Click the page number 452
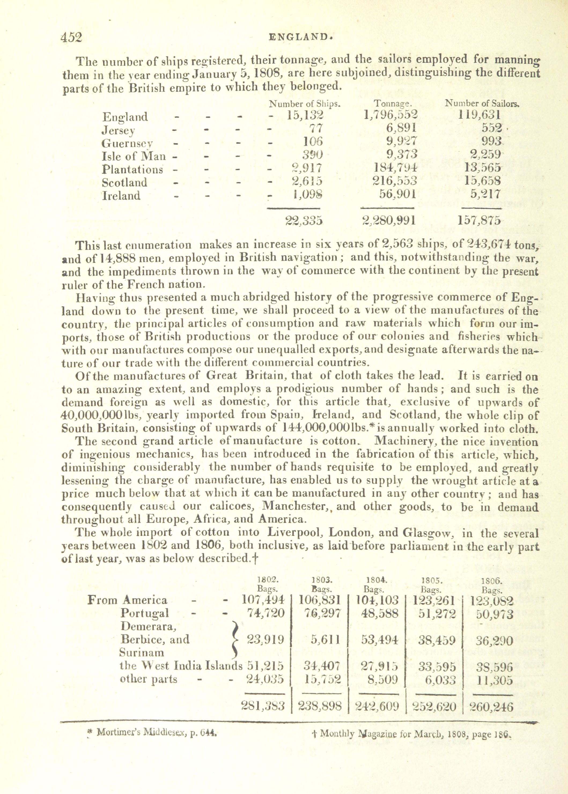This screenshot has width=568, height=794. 72,37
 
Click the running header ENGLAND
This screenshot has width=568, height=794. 300,37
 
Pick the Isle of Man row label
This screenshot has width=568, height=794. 134,156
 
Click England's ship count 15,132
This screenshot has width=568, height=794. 305,115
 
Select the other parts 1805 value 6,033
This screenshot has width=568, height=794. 437,680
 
